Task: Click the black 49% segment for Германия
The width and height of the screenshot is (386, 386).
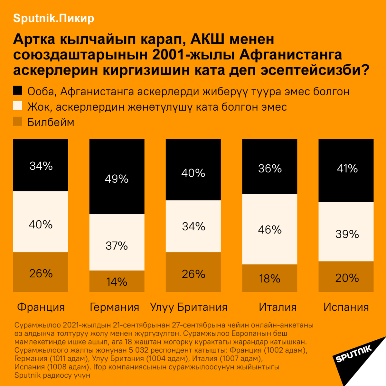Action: click(x=117, y=177)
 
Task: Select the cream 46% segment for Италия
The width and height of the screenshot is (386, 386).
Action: click(x=269, y=229)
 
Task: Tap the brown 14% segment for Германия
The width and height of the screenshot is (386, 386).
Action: click(x=117, y=281)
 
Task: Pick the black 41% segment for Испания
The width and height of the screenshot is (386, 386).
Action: click(x=346, y=170)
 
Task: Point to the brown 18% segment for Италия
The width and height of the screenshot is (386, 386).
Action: click(x=269, y=278)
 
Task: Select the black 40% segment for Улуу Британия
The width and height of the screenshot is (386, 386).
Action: click(x=193, y=170)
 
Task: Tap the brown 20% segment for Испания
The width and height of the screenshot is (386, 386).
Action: click(x=346, y=277)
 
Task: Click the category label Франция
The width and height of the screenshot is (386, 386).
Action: click(x=41, y=307)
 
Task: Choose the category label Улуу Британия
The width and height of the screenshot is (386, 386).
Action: click(x=189, y=307)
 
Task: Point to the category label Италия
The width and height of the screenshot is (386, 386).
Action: click(x=278, y=307)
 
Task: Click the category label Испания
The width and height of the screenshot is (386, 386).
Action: click(x=346, y=307)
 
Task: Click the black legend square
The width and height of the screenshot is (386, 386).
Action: click(x=17, y=91)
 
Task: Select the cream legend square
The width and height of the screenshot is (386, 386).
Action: click(x=17, y=106)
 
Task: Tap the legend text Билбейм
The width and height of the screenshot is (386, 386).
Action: click(x=51, y=123)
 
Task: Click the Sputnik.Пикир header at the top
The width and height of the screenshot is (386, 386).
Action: click(x=53, y=19)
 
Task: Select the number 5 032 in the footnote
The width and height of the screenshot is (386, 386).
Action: click(x=139, y=350)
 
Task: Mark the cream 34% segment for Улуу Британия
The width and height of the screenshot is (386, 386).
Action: click(x=193, y=226)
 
